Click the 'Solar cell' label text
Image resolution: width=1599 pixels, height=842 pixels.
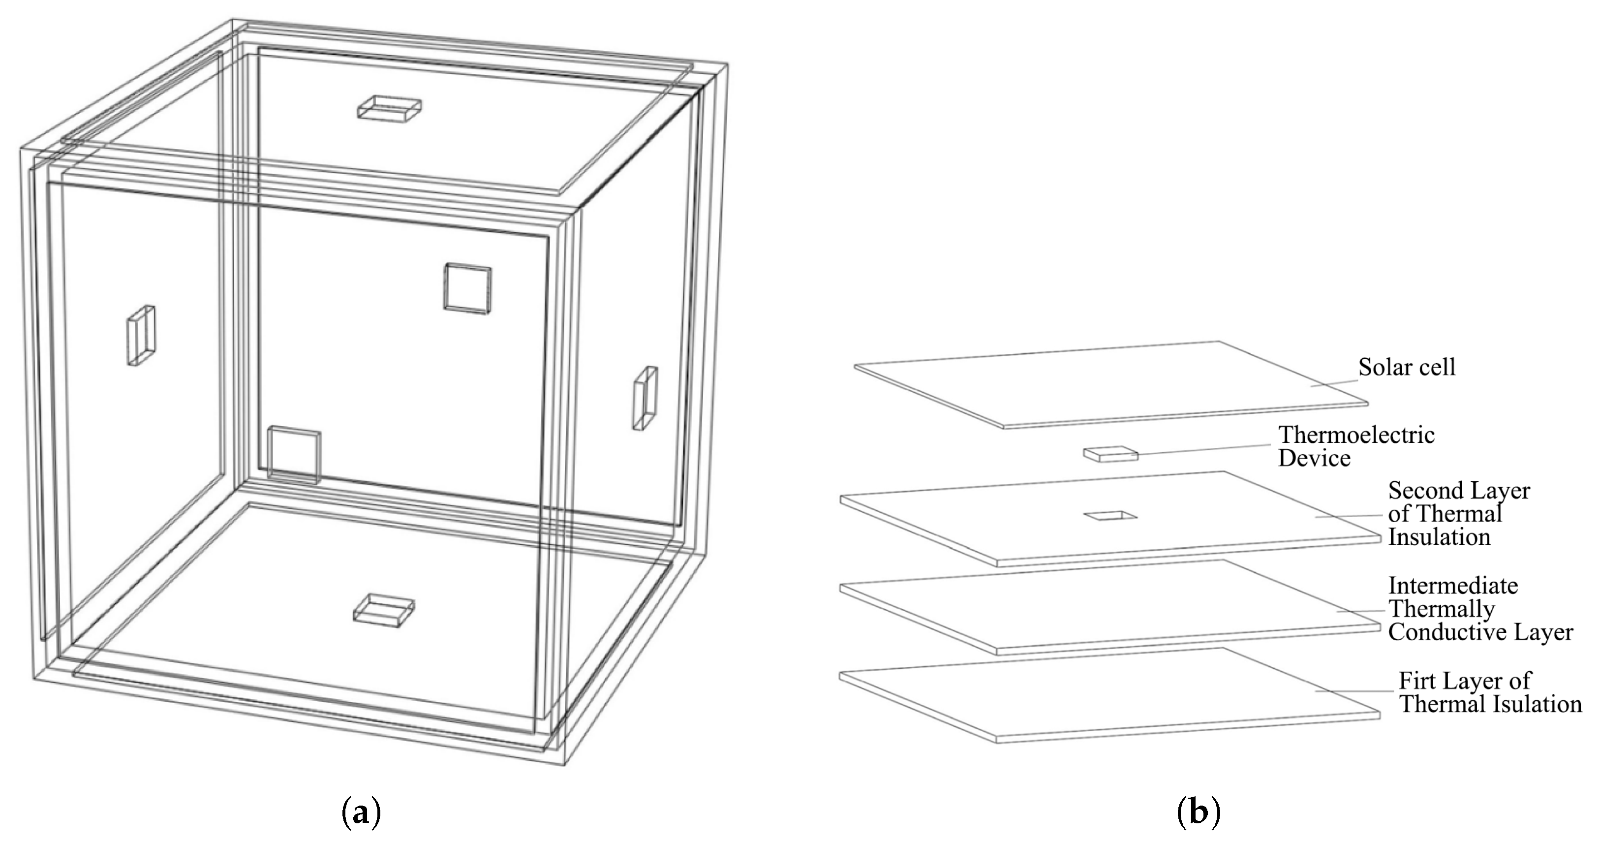pos(1407,367)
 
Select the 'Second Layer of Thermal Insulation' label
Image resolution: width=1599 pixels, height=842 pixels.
pos(1459,514)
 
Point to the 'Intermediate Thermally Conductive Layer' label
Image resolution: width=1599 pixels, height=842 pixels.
pos(1480,609)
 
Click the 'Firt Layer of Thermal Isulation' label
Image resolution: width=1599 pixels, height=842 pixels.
pos(1490,692)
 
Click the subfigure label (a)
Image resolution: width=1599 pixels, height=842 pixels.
pos(361,813)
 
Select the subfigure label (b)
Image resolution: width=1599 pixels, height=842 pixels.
pos(1198,813)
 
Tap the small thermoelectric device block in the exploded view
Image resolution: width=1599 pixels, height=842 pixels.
pos(1111,455)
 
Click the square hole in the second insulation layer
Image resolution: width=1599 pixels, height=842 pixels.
pos(1110,515)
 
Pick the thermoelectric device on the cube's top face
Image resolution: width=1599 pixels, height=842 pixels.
pos(389,108)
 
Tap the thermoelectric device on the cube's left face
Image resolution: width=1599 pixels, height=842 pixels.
pos(142,335)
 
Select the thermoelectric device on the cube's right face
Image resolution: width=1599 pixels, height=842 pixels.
pos(645,398)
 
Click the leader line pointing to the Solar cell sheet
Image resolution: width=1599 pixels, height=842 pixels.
pos(1333,382)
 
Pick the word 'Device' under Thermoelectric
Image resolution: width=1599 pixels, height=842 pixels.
pos(1315,458)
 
